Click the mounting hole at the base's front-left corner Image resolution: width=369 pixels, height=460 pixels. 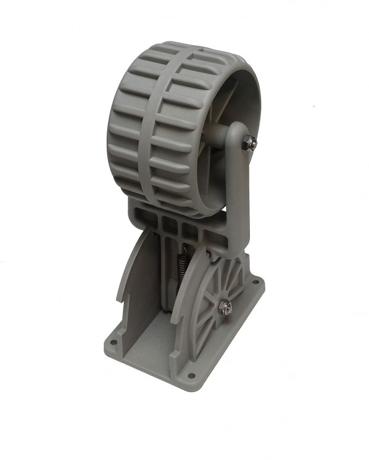(x=115, y=338)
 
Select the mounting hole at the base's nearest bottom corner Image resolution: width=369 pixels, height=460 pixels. (x=189, y=374)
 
